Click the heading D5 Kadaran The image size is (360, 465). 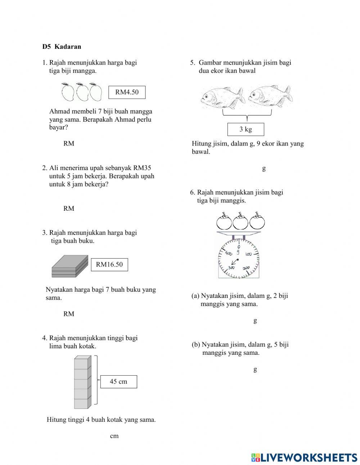[62, 46]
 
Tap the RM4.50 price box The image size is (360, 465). [127, 92]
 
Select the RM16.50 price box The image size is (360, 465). [109, 265]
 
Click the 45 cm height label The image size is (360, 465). [118, 382]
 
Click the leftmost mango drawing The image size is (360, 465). [67, 92]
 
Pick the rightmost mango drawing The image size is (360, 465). [96, 92]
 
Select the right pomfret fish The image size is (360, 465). [270, 97]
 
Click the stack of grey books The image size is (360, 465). [70, 267]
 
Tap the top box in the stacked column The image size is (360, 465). [82, 363]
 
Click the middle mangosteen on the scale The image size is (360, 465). [240, 221]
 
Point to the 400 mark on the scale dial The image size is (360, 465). [229, 253]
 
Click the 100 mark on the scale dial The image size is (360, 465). [248, 254]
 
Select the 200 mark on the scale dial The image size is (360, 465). [246, 268]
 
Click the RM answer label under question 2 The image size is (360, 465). [69, 209]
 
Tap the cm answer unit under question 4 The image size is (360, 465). [114, 436]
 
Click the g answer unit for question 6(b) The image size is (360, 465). [255, 369]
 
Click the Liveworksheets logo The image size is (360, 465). [304, 457]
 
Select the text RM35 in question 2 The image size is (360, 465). [142, 168]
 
